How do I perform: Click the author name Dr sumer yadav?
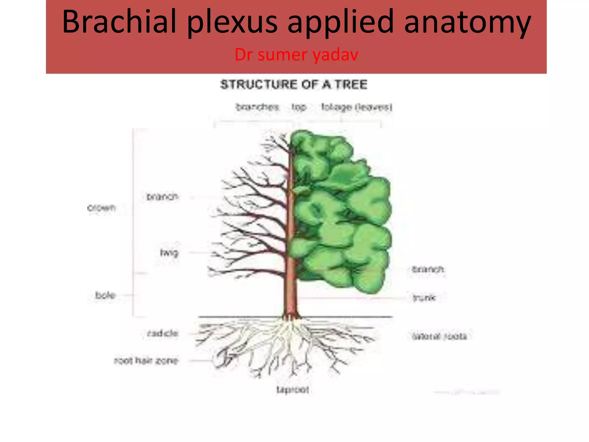(x=296, y=54)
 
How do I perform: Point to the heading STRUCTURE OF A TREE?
(x=294, y=84)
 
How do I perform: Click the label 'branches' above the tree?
(x=257, y=107)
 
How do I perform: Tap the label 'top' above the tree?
(x=299, y=107)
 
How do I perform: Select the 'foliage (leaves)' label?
(x=357, y=107)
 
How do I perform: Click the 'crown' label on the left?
(x=101, y=207)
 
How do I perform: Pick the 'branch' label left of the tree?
(x=162, y=197)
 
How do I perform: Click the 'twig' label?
(x=169, y=253)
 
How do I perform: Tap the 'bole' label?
(x=105, y=295)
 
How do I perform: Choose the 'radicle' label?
(x=163, y=334)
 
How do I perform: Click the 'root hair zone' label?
(x=146, y=361)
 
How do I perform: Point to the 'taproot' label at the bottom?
(x=292, y=390)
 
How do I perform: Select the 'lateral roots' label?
(x=439, y=336)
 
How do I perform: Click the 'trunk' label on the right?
(x=424, y=297)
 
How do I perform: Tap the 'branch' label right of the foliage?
(x=428, y=269)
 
